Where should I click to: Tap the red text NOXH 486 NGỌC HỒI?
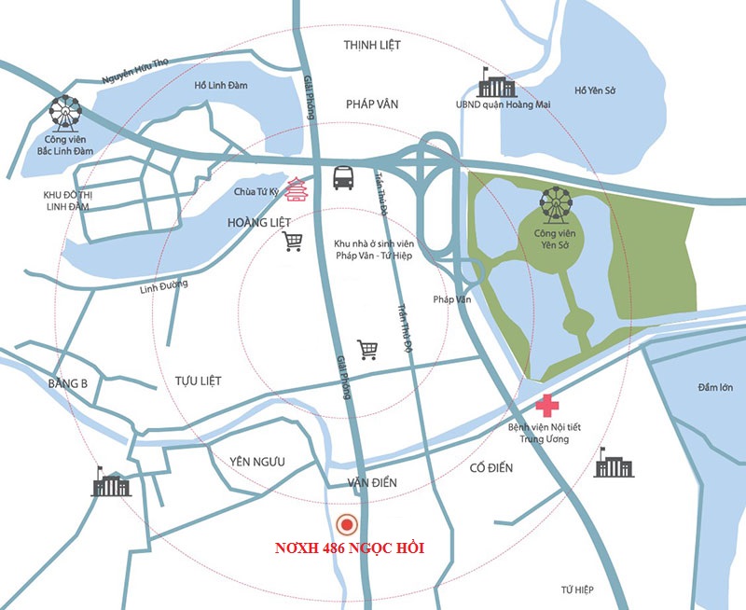pos(350,548)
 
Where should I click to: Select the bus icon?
pos(343,176)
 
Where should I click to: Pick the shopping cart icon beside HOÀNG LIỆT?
pos(293,242)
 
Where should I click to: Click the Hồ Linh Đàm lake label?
pos(220,86)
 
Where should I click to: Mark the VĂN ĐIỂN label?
pos(372,482)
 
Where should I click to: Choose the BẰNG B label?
pos(67,383)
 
